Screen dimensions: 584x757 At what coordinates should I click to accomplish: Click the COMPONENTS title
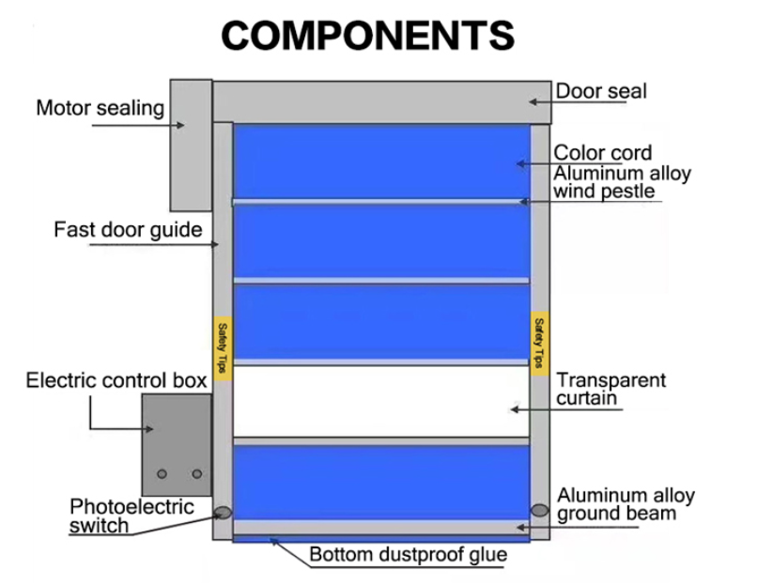pyautogui.click(x=369, y=36)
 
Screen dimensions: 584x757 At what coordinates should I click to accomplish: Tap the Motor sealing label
pyautogui.click(x=100, y=109)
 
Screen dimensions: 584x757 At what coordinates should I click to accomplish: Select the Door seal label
pyautogui.click(x=601, y=92)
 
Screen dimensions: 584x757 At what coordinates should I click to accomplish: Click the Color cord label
pyautogui.click(x=602, y=153)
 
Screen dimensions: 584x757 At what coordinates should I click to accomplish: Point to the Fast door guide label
pyautogui.click(x=128, y=230)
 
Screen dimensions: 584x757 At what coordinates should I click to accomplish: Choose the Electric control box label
pyautogui.click(x=116, y=380)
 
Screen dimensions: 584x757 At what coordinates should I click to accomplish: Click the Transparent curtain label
pyautogui.click(x=610, y=390)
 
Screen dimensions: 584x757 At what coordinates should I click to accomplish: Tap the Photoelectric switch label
pyautogui.click(x=131, y=515)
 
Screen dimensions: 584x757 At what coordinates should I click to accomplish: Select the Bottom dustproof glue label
pyautogui.click(x=408, y=555)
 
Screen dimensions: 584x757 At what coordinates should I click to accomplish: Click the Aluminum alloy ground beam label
pyautogui.click(x=626, y=504)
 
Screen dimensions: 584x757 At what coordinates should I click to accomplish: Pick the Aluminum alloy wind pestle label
pyautogui.click(x=622, y=183)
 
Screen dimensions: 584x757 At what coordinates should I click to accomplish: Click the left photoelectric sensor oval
pyautogui.click(x=223, y=513)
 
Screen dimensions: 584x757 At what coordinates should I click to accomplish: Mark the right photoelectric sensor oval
pyautogui.click(x=539, y=510)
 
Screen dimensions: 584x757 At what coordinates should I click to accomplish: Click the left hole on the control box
pyautogui.click(x=162, y=474)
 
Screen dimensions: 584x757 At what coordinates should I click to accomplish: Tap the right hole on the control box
pyautogui.click(x=196, y=474)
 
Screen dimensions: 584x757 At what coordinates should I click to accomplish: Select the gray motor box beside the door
pyautogui.click(x=190, y=146)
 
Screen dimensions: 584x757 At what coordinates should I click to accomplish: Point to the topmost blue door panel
pyautogui.click(x=380, y=161)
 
